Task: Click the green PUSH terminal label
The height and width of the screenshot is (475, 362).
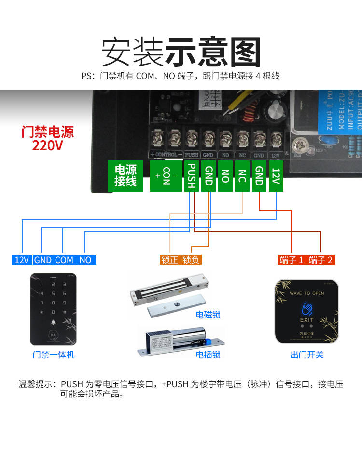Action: (x=192, y=176)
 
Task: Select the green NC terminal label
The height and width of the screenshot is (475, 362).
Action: (x=242, y=176)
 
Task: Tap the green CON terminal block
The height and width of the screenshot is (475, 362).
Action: (x=166, y=176)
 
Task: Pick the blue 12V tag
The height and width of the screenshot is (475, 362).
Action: (x=22, y=260)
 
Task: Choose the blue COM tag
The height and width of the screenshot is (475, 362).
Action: (x=64, y=260)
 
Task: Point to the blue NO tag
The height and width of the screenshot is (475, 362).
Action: (x=85, y=260)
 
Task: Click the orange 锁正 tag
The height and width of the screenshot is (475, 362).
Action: (x=170, y=260)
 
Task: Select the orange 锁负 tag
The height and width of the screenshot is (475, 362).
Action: (x=191, y=260)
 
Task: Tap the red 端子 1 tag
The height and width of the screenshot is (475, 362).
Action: (x=292, y=260)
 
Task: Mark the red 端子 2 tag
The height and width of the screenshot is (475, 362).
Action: (x=320, y=260)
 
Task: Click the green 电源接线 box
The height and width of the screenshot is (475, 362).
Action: (x=125, y=175)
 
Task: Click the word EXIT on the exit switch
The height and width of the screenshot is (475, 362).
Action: (x=307, y=320)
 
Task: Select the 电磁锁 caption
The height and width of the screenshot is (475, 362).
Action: (x=208, y=315)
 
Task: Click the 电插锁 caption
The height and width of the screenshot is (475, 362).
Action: (x=208, y=355)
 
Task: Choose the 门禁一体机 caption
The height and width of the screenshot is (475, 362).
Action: (x=54, y=355)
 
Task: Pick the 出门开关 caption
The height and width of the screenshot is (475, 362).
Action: (x=307, y=355)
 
